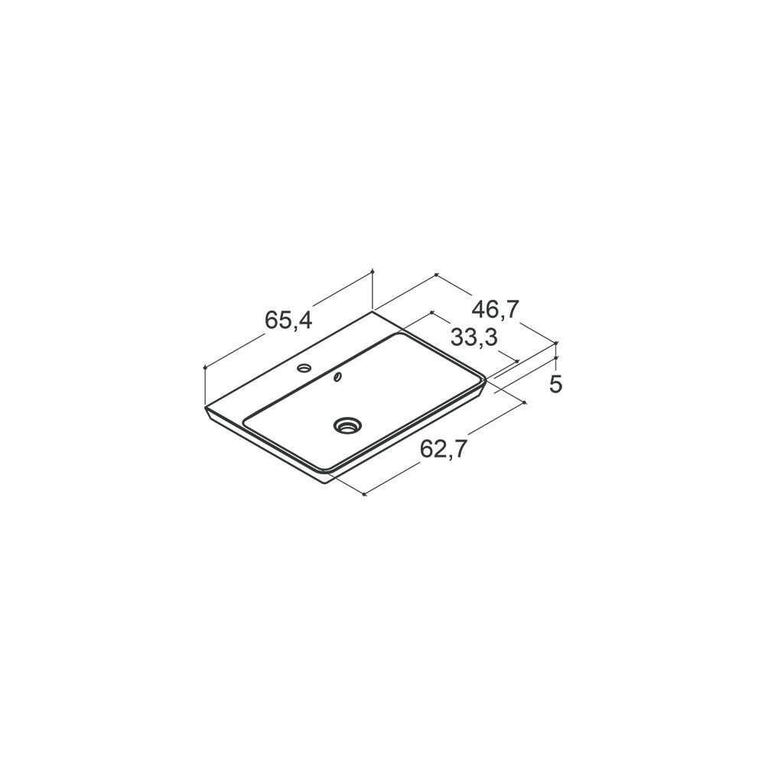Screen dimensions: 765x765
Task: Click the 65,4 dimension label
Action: tap(288, 320)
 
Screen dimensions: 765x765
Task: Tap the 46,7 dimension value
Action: tap(495, 310)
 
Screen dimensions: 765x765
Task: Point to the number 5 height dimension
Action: tap(555, 385)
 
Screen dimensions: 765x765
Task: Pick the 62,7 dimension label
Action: tap(444, 449)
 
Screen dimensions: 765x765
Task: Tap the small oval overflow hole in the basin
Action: tap(337, 376)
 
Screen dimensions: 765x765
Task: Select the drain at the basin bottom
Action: tap(347, 425)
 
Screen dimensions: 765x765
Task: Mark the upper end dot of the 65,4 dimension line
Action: tap(373, 270)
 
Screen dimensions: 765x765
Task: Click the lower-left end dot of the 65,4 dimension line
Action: tap(205, 367)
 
